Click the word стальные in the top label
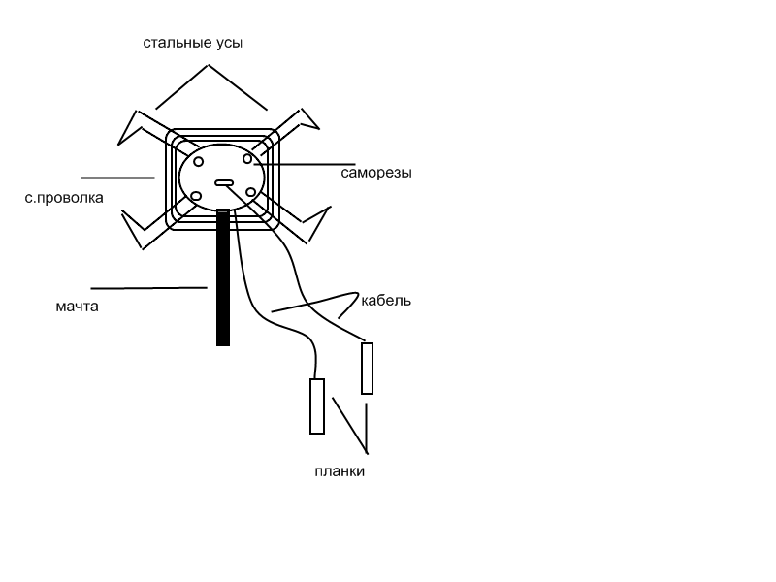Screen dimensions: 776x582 click(x=178, y=43)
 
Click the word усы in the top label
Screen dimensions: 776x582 click(x=230, y=43)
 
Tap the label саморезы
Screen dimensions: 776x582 click(x=376, y=174)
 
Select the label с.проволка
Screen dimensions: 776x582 click(x=64, y=198)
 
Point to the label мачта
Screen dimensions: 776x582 click(x=77, y=307)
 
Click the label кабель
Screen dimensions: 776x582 click(x=386, y=301)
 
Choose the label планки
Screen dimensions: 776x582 click(x=339, y=471)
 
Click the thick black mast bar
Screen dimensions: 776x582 click(x=223, y=277)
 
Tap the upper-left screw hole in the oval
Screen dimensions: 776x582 click(x=199, y=162)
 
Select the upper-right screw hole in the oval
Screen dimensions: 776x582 click(x=247, y=159)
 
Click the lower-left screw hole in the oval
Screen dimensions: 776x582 click(x=196, y=197)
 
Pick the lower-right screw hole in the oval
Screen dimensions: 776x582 click(x=250, y=192)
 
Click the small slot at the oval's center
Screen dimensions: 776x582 click(x=224, y=183)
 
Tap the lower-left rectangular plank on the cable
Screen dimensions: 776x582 click(x=317, y=406)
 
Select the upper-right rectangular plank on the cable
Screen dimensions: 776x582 click(x=367, y=369)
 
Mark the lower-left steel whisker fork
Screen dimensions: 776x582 click(x=134, y=230)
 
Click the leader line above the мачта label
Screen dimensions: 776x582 click(x=149, y=287)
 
